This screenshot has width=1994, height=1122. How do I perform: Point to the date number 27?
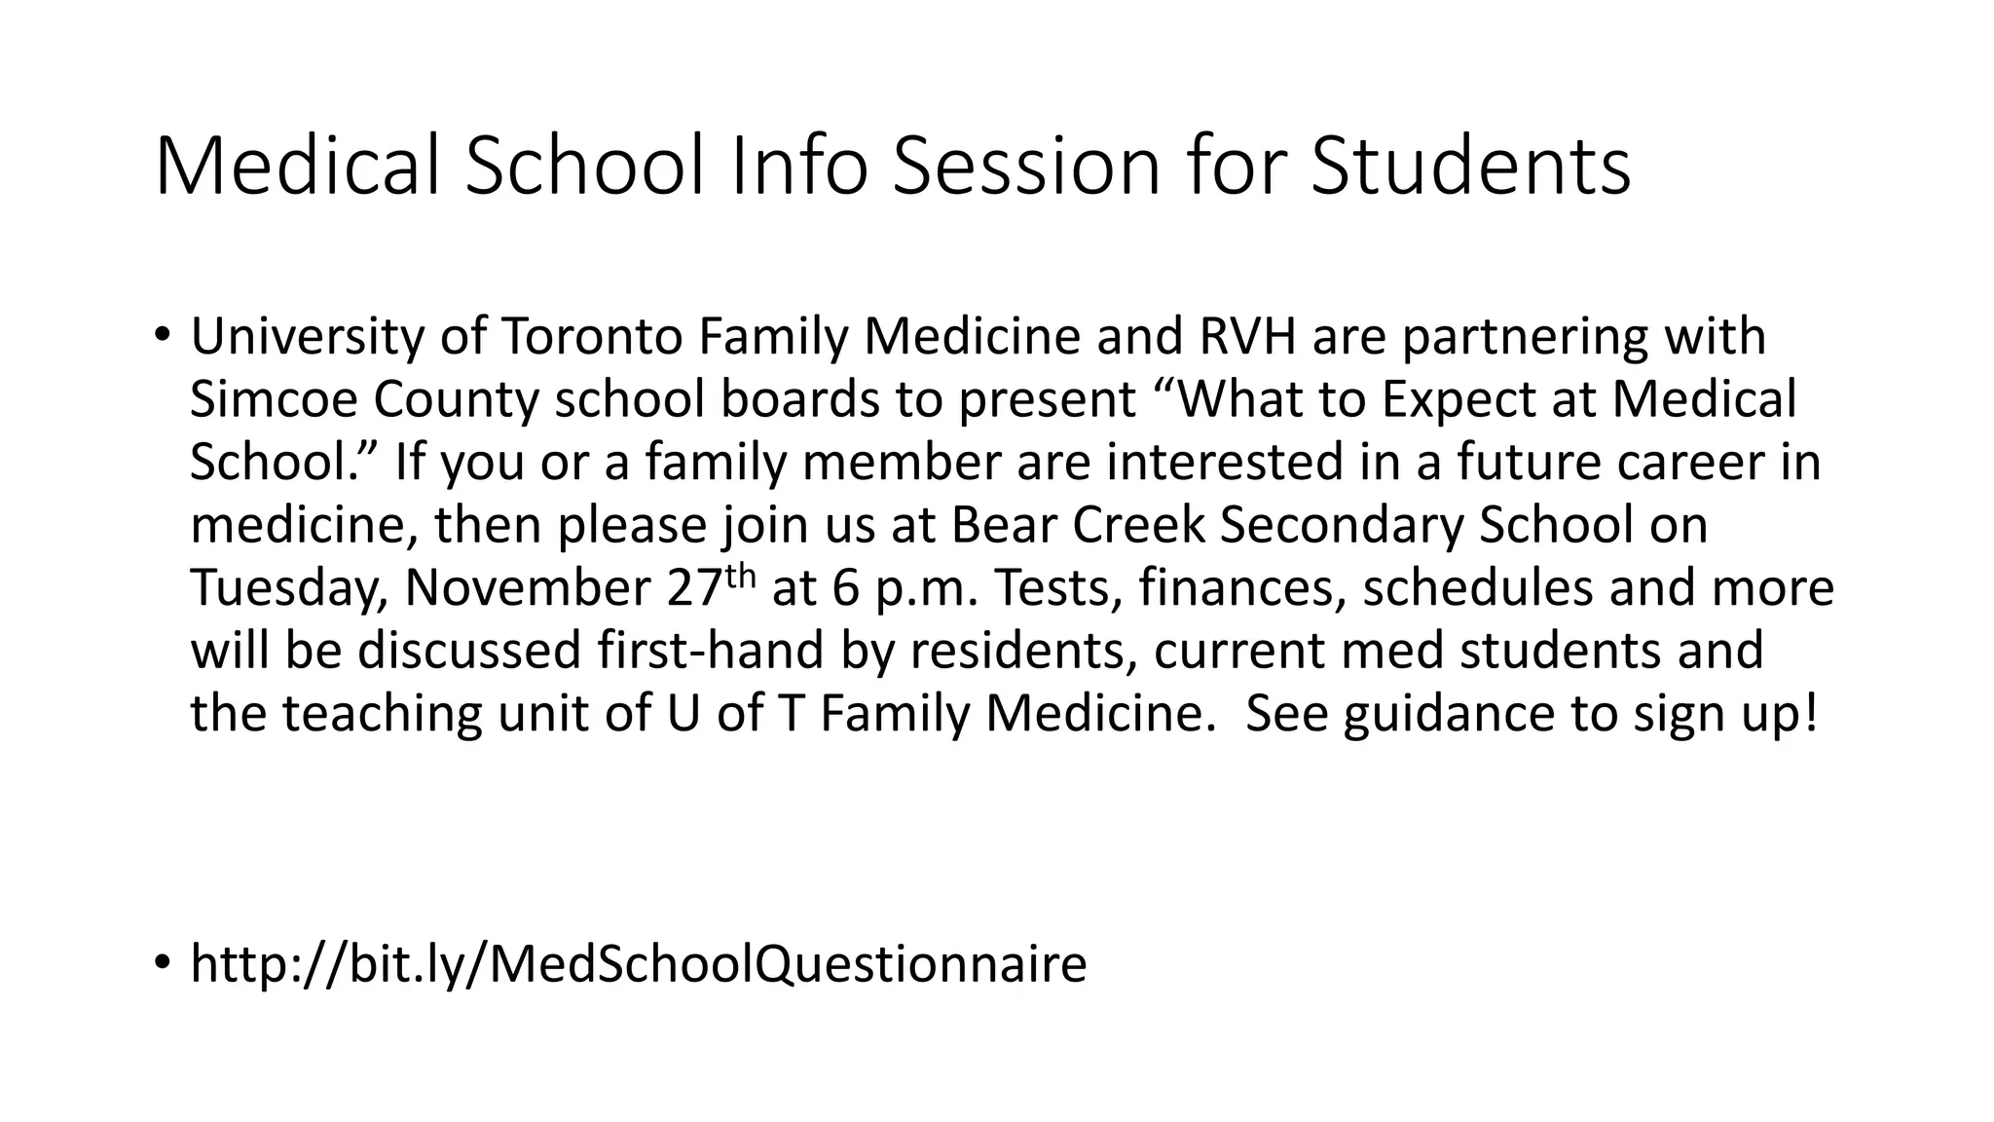(x=694, y=588)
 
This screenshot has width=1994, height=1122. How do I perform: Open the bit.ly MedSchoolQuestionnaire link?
(x=638, y=964)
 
